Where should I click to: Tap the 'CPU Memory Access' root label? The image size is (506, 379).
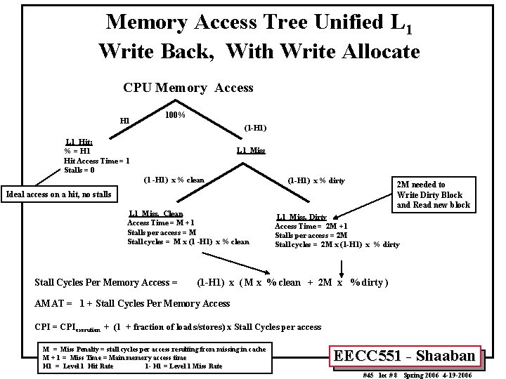pyautogui.click(x=188, y=88)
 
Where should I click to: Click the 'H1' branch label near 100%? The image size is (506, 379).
pyautogui.click(x=124, y=121)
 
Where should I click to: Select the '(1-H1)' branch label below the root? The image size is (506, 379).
pyautogui.click(x=254, y=128)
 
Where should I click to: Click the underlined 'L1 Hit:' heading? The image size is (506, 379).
pyautogui.click(x=79, y=142)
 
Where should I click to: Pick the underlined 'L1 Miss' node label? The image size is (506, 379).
pyautogui.click(x=251, y=150)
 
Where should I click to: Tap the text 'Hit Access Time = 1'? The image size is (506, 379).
pyautogui.click(x=96, y=161)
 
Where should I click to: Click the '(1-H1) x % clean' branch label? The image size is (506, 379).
pyautogui.click(x=174, y=180)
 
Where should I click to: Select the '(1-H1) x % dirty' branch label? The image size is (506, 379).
pyautogui.click(x=316, y=180)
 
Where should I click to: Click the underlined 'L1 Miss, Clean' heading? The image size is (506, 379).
pyautogui.click(x=156, y=213)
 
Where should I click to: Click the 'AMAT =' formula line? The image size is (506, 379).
pyautogui.click(x=132, y=303)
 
